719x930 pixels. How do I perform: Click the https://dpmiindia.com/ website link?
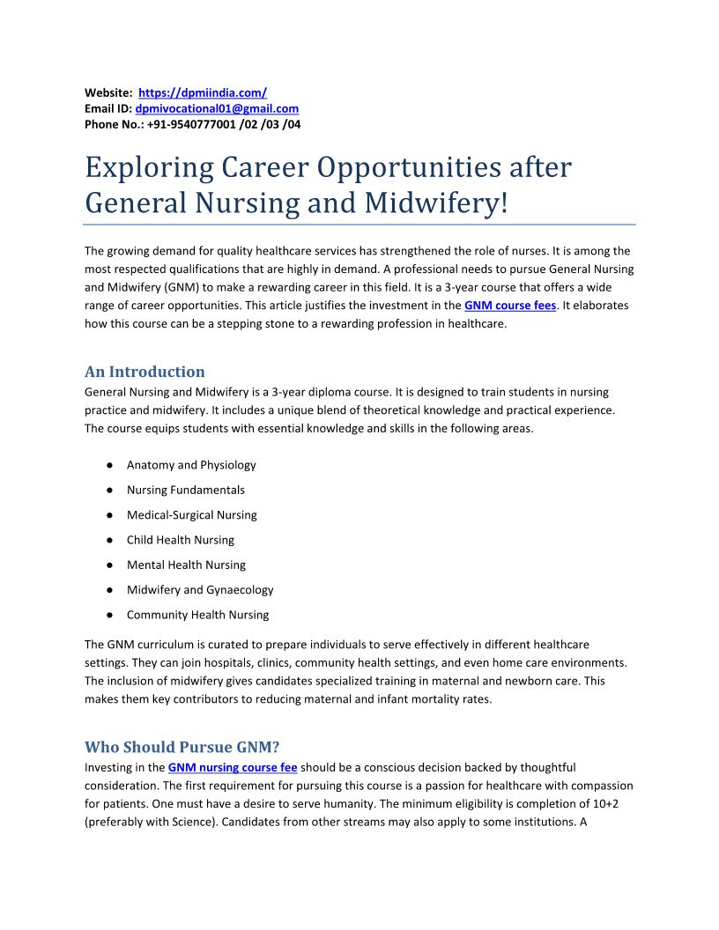pyautogui.click(x=203, y=92)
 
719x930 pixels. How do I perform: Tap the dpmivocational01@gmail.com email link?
pyautogui.click(x=217, y=108)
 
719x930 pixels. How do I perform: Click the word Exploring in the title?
pyautogui.click(x=149, y=167)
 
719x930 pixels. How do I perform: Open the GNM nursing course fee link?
pyautogui.click(x=233, y=767)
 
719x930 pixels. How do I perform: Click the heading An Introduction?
pyautogui.click(x=145, y=372)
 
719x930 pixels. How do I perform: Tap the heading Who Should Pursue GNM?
pyautogui.click(x=182, y=748)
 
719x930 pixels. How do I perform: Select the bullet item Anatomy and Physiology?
pyautogui.click(x=191, y=465)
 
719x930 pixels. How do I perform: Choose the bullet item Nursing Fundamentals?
pyautogui.click(x=186, y=490)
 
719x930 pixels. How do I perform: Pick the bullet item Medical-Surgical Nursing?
pyautogui.click(x=192, y=514)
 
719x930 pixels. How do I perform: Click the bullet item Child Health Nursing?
pyautogui.click(x=181, y=540)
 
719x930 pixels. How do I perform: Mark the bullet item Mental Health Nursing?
pyautogui.click(x=186, y=565)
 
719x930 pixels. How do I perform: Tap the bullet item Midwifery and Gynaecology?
pyautogui.click(x=200, y=589)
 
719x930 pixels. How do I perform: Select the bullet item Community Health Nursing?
pyautogui.click(x=198, y=615)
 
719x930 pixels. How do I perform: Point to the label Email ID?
pyautogui.click(x=108, y=108)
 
